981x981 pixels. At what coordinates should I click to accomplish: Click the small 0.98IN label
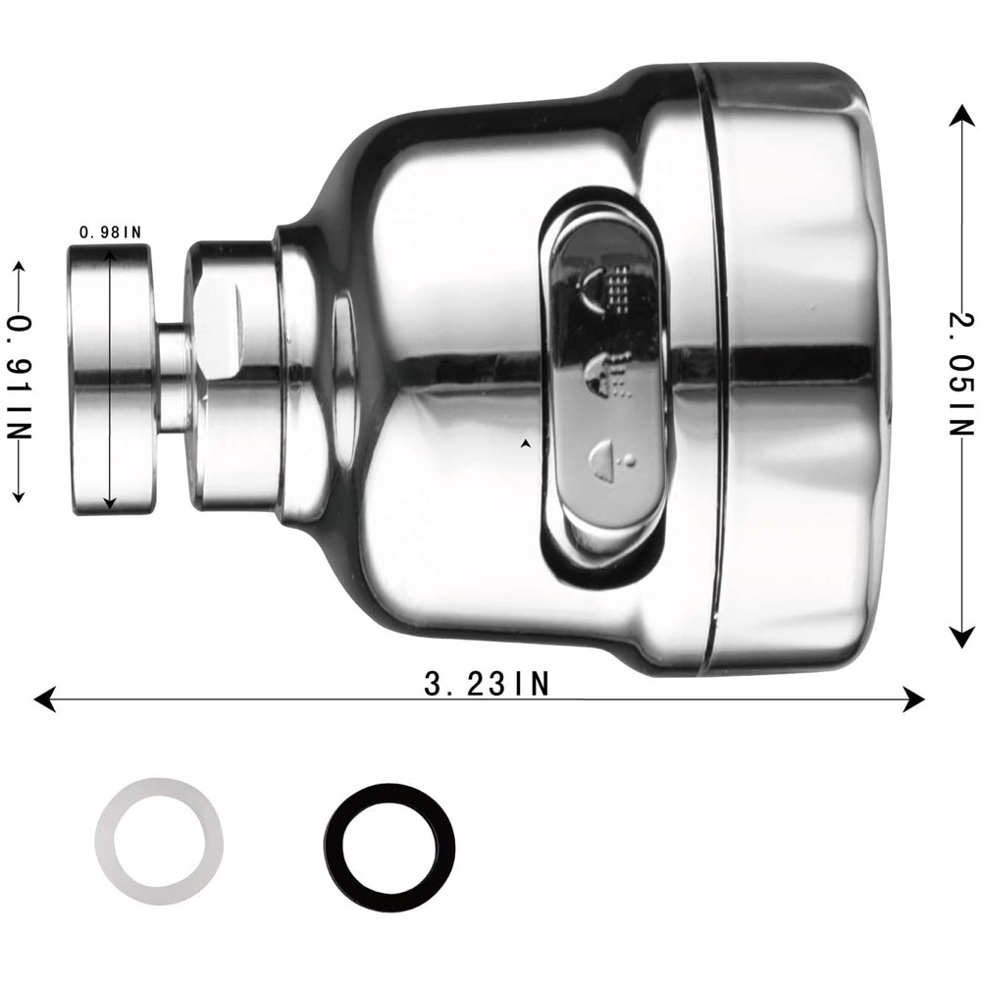(x=110, y=232)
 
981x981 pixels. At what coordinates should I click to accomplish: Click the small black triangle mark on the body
(x=527, y=444)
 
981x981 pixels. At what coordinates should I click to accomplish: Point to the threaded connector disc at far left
(x=110, y=378)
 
